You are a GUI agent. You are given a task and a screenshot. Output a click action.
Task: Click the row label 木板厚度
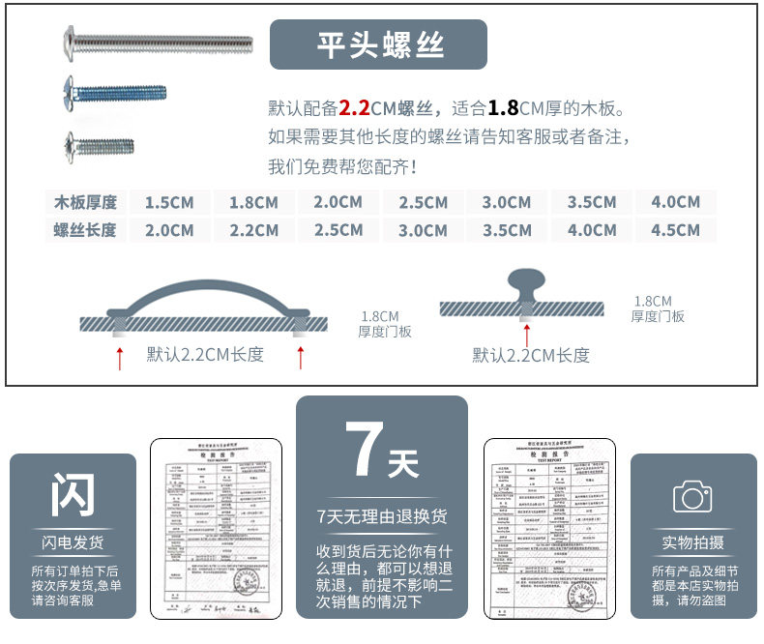[x=85, y=202]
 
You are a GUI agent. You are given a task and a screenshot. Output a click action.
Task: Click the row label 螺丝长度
[x=85, y=230]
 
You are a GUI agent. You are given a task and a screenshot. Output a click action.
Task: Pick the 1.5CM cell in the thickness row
[x=169, y=202]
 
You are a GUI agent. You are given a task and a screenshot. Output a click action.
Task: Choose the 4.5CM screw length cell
[x=675, y=230]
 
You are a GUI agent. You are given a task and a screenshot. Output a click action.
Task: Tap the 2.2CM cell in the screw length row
[x=253, y=230]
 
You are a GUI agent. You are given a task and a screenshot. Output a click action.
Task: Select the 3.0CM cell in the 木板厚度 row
[x=507, y=202]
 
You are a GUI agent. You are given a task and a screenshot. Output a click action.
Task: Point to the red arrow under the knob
[x=525, y=335]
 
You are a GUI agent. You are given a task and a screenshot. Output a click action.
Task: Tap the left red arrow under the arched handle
[x=120, y=357]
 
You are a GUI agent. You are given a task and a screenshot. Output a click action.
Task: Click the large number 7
[x=366, y=452]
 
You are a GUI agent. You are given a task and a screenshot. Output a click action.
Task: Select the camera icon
[x=692, y=497]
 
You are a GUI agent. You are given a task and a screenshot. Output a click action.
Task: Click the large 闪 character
[x=73, y=495]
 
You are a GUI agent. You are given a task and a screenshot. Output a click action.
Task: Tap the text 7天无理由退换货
[x=381, y=517]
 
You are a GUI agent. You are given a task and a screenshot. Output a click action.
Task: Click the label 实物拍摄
[x=692, y=542]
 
